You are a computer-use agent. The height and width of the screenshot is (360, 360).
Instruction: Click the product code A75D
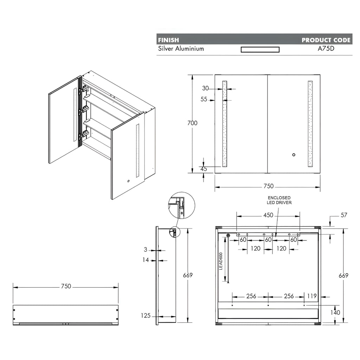[326, 49]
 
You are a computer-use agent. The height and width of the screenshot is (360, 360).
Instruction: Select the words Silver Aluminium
[181, 49]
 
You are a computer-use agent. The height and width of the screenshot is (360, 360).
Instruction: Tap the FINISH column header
[168, 40]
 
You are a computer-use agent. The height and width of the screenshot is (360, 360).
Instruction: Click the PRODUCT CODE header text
[326, 40]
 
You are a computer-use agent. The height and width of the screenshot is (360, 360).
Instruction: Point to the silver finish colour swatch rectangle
[260, 50]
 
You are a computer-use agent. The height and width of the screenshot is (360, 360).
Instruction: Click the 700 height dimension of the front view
[192, 123]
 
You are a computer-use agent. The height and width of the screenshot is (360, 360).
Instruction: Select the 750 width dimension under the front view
[269, 186]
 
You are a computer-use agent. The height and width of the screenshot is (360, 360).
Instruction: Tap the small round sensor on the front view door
[294, 155]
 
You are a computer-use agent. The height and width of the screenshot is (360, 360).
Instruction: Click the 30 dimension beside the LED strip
[205, 88]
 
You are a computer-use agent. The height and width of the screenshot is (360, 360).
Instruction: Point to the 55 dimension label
[204, 99]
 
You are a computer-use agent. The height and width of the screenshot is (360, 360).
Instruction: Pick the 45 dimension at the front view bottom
[204, 169]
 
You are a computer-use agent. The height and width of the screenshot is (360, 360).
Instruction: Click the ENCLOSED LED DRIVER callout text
[279, 200]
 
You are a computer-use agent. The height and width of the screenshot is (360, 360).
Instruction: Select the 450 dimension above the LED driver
[268, 215]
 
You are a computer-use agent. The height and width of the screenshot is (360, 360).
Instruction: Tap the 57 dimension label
[344, 215]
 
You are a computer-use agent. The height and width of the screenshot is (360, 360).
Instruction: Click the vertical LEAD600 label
[221, 261]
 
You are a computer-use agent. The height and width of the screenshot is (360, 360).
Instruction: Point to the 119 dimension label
[312, 296]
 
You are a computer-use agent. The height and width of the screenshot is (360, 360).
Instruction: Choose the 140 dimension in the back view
[335, 313]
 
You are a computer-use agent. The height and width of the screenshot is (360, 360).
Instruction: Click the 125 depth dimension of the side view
[146, 316]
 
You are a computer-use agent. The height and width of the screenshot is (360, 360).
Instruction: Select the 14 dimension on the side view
[146, 260]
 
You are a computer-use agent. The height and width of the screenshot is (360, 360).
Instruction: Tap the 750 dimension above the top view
[66, 286]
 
